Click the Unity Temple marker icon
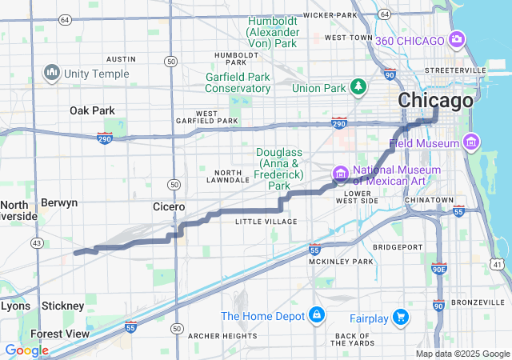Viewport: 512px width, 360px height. pyautogui.click(x=53, y=73)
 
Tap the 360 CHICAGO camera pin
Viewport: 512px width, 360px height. pyautogui.click(x=457, y=38)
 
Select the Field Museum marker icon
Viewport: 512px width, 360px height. pyautogui.click(x=471, y=143)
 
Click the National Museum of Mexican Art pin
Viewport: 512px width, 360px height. pyautogui.click(x=340, y=173)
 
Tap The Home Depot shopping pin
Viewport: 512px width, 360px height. pyautogui.click(x=318, y=316)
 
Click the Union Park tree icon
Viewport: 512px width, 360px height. pyautogui.click(x=359, y=86)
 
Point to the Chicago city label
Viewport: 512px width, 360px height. pyautogui.click(x=435, y=102)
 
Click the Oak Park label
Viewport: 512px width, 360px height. pyautogui.click(x=92, y=110)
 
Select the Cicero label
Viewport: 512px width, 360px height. pyautogui.click(x=169, y=206)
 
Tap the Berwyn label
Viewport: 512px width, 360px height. pyautogui.click(x=59, y=202)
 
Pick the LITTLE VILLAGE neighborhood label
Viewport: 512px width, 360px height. pyautogui.click(x=266, y=222)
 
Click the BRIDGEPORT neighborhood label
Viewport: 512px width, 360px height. pyautogui.click(x=395, y=247)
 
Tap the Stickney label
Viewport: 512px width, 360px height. pyautogui.click(x=63, y=306)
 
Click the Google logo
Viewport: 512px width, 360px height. pyautogui.click(x=26, y=350)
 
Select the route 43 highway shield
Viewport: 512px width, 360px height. pyautogui.click(x=36, y=242)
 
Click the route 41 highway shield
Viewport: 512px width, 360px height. pyautogui.click(x=498, y=263)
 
